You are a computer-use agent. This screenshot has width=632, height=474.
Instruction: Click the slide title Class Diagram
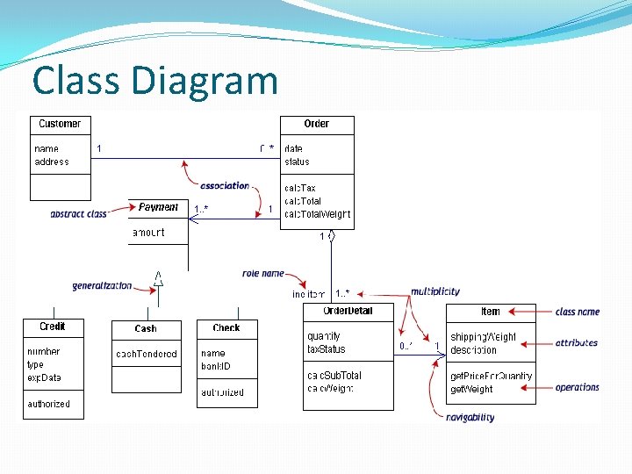tap(155, 81)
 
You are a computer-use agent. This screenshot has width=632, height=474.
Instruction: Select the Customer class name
tap(60, 124)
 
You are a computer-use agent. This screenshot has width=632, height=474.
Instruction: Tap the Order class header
tap(317, 124)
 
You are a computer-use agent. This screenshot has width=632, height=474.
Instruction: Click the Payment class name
tap(158, 207)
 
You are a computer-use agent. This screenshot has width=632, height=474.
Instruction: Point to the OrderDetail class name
tap(348, 311)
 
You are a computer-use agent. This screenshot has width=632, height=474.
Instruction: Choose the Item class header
tap(491, 312)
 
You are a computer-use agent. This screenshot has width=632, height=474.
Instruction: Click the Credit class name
tap(53, 327)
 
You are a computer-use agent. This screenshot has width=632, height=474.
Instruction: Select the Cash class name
tap(146, 328)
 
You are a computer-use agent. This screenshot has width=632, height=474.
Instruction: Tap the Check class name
tap(226, 327)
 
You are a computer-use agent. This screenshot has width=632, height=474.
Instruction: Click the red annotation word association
tap(225, 185)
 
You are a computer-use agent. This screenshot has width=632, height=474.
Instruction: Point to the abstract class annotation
tap(78, 213)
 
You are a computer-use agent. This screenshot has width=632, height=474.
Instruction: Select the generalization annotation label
tap(102, 285)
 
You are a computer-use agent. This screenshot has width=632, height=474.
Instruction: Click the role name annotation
tap(263, 274)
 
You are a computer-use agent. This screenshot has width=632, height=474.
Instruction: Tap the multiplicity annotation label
tap(435, 291)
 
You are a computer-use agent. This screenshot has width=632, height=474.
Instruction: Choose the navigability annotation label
tap(470, 418)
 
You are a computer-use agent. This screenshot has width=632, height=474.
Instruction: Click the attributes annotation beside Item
tap(577, 343)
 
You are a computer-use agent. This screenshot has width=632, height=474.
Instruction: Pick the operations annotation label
tap(578, 387)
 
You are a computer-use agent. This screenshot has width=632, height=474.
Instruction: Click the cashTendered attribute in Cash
tap(147, 354)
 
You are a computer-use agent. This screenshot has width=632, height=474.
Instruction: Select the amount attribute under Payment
tap(147, 233)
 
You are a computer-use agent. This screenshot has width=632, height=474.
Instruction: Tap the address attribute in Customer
tap(51, 162)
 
